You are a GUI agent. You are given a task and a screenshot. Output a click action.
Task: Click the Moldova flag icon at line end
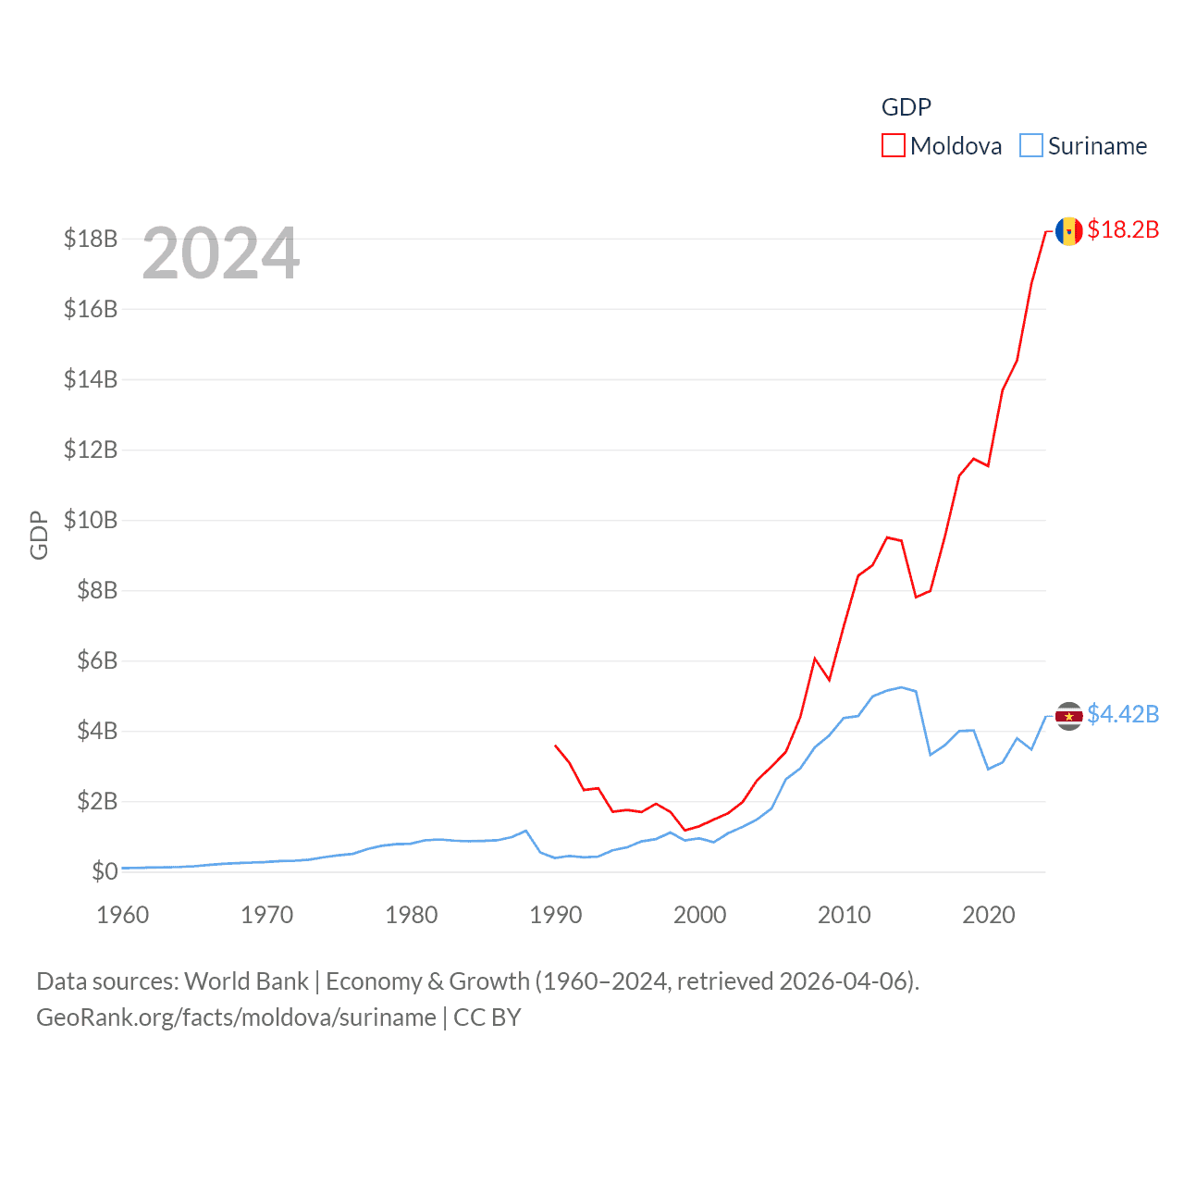click(1068, 231)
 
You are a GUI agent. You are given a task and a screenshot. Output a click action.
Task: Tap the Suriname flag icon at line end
click(1068, 716)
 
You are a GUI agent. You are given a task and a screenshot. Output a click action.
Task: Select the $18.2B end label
click(1123, 229)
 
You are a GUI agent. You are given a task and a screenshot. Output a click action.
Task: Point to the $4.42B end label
click(1123, 714)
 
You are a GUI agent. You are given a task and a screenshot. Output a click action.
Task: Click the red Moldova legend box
click(893, 146)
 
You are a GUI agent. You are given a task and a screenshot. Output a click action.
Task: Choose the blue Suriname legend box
click(1030, 146)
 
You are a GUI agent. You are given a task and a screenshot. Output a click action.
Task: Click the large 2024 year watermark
click(221, 253)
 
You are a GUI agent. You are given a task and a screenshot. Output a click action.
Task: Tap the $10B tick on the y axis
click(91, 520)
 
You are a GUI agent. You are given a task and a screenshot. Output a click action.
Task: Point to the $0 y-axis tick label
click(105, 871)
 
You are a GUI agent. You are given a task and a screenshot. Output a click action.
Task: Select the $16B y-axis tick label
click(91, 309)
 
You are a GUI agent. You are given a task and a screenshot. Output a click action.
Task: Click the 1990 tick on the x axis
click(555, 915)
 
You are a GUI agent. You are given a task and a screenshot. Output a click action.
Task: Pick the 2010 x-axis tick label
click(844, 915)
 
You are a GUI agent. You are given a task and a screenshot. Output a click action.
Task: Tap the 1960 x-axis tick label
click(123, 915)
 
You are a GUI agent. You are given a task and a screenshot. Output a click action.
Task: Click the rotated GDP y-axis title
click(39, 535)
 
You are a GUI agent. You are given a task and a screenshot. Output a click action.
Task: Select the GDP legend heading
click(906, 107)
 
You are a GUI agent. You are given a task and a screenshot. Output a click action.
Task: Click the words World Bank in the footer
click(247, 981)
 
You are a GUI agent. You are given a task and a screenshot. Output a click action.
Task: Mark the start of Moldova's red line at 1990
click(555, 745)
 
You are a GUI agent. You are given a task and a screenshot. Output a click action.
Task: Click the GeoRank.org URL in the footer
click(236, 1017)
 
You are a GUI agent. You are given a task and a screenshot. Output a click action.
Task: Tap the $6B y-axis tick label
click(97, 660)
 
